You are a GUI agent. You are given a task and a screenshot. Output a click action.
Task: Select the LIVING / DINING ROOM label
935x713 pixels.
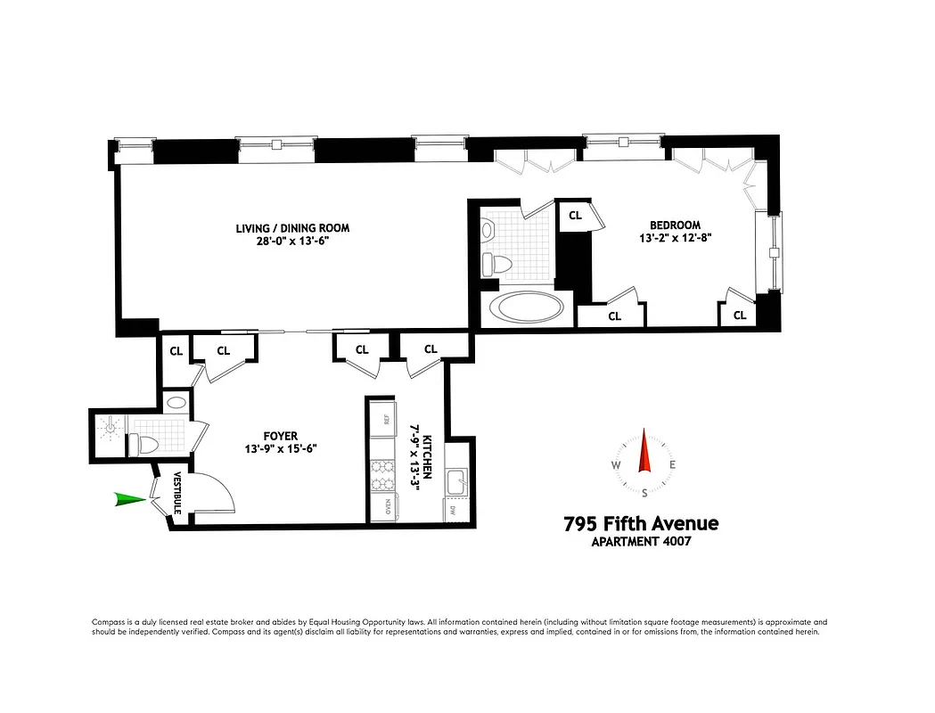point(292,228)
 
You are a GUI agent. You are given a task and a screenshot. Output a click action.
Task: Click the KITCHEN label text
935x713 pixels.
point(428,456)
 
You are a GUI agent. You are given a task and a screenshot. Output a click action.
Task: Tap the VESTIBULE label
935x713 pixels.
point(177,492)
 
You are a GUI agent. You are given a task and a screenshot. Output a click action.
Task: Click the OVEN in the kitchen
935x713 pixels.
point(388,506)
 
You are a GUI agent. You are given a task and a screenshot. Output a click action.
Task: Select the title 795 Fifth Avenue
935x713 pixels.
point(640,523)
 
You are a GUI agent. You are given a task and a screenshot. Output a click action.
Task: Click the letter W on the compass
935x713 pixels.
point(616,465)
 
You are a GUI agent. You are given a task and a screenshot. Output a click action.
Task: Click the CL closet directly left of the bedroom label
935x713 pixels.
point(575,215)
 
